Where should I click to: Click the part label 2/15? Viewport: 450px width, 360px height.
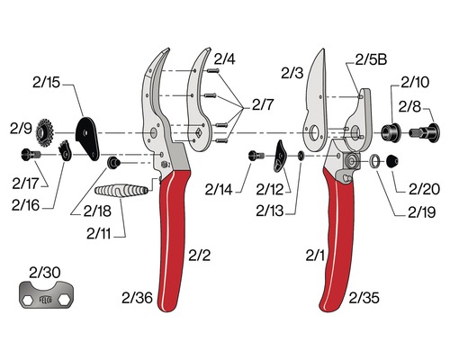click(46, 83)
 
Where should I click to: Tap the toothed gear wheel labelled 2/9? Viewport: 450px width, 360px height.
click(45, 133)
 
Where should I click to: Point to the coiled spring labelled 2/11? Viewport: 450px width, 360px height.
click(121, 191)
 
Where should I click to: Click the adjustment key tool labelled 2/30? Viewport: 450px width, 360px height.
click(47, 295)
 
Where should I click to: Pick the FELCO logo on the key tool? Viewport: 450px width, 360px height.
click(46, 299)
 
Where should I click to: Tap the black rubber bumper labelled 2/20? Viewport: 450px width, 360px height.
click(392, 161)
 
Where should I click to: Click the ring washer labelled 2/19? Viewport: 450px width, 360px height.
click(373, 161)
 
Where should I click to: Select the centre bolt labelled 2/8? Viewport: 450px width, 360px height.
click(425, 132)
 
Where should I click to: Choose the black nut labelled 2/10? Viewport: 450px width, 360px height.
click(391, 132)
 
